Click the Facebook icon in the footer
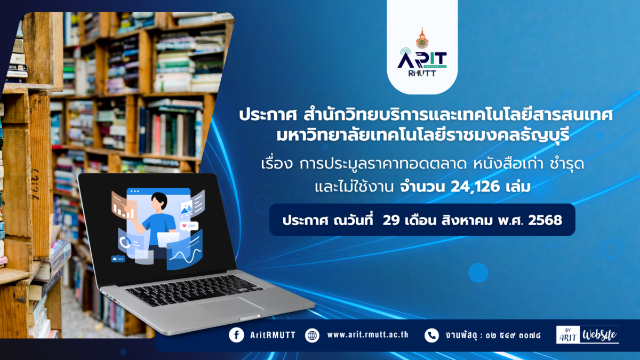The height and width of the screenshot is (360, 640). pyautogui.click(x=236, y=335)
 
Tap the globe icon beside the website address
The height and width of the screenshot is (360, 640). pyautogui.click(x=312, y=335)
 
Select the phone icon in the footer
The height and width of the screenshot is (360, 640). pyautogui.click(x=431, y=335)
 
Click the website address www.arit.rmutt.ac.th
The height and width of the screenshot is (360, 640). pyautogui.click(x=367, y=335)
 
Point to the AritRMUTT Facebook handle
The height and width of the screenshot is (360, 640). pyautogui.click(x=273, y=335)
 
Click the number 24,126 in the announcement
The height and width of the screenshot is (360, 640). pyautogui.click(x=475, y=187)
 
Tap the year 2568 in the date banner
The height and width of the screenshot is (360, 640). pyautogui.click(x=545, y=220)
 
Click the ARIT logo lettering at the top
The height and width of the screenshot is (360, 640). pyautogui.click(x=422, y=59)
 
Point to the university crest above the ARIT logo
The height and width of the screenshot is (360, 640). pyautogui.click(x=422, y=38)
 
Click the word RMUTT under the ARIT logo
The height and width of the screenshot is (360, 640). pyautogui.click(x=422, y=74)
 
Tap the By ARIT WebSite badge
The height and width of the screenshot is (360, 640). pyautogui.click(x=587, y=334)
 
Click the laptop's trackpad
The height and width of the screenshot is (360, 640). pyautogui.click(x=231, y=307)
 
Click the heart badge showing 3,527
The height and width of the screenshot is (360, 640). pyautogui.click(x=189, y=226)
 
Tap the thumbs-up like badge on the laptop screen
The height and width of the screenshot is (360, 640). pyautogui.click(x=118, y=259)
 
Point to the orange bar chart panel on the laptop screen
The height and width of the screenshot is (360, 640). pyautogui.click(x=124, y=206)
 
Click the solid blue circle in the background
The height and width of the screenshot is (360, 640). pyautogui.click(x=478, y=273)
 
